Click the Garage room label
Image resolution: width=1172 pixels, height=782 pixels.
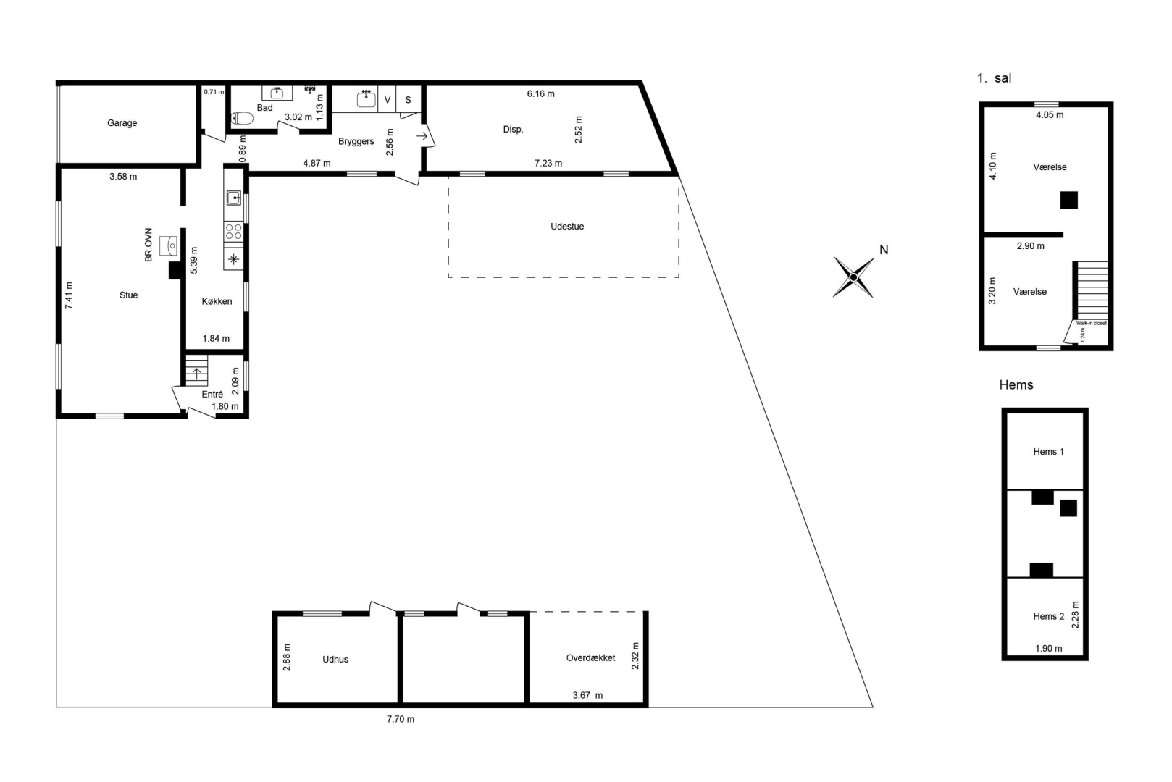point(122,123)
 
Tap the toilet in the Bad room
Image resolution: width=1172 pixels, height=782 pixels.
point(242,119)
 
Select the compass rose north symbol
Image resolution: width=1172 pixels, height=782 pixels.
point(853,277)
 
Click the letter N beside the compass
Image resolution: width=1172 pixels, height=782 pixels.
point(884,250)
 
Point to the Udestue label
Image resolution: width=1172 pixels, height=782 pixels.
point(567,227)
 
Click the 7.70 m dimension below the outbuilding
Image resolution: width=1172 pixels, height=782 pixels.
point(401,719)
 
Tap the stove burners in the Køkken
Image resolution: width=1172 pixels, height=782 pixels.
point(233,232)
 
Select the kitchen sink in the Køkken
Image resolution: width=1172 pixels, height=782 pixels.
point(233,198)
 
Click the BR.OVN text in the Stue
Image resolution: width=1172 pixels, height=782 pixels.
point(148,245)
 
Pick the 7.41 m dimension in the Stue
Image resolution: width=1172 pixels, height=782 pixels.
point(69,295)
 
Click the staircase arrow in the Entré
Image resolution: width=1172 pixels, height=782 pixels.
point(197,374)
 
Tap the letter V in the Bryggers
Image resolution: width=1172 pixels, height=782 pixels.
point(388,100)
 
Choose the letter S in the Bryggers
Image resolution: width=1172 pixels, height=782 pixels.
point(408,100)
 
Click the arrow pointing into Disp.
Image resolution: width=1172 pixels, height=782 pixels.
point(422,136)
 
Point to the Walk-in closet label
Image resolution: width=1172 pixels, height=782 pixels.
point(1091,323)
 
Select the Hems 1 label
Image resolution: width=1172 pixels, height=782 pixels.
point(1049,452)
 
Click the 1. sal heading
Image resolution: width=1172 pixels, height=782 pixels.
point(994,78)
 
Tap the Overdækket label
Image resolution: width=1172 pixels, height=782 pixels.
point(591,658)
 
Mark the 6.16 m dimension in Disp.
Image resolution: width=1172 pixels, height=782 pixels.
point(540,94)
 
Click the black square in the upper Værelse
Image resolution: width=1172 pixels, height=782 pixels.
point(1069,201)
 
